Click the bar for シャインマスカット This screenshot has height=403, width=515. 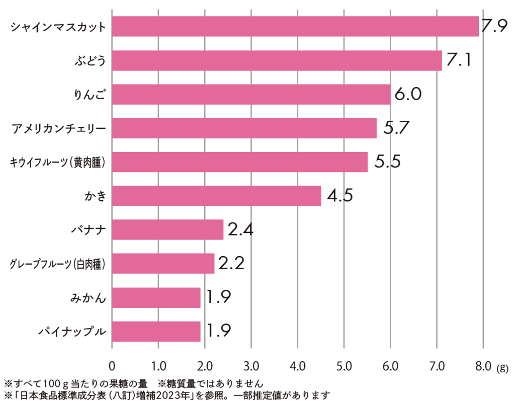coord(295,27)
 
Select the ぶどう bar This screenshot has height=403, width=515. coord(277,60)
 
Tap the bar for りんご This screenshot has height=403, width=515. coord(251,94)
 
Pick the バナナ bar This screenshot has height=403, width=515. coord(167,229)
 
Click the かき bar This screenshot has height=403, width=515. coord(216,196)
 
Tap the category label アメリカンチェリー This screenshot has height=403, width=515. coord(59,128)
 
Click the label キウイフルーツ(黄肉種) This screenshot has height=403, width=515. coord(58,162)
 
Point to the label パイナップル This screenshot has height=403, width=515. coord(73,331)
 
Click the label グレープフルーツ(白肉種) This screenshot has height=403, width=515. coord(58,264)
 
